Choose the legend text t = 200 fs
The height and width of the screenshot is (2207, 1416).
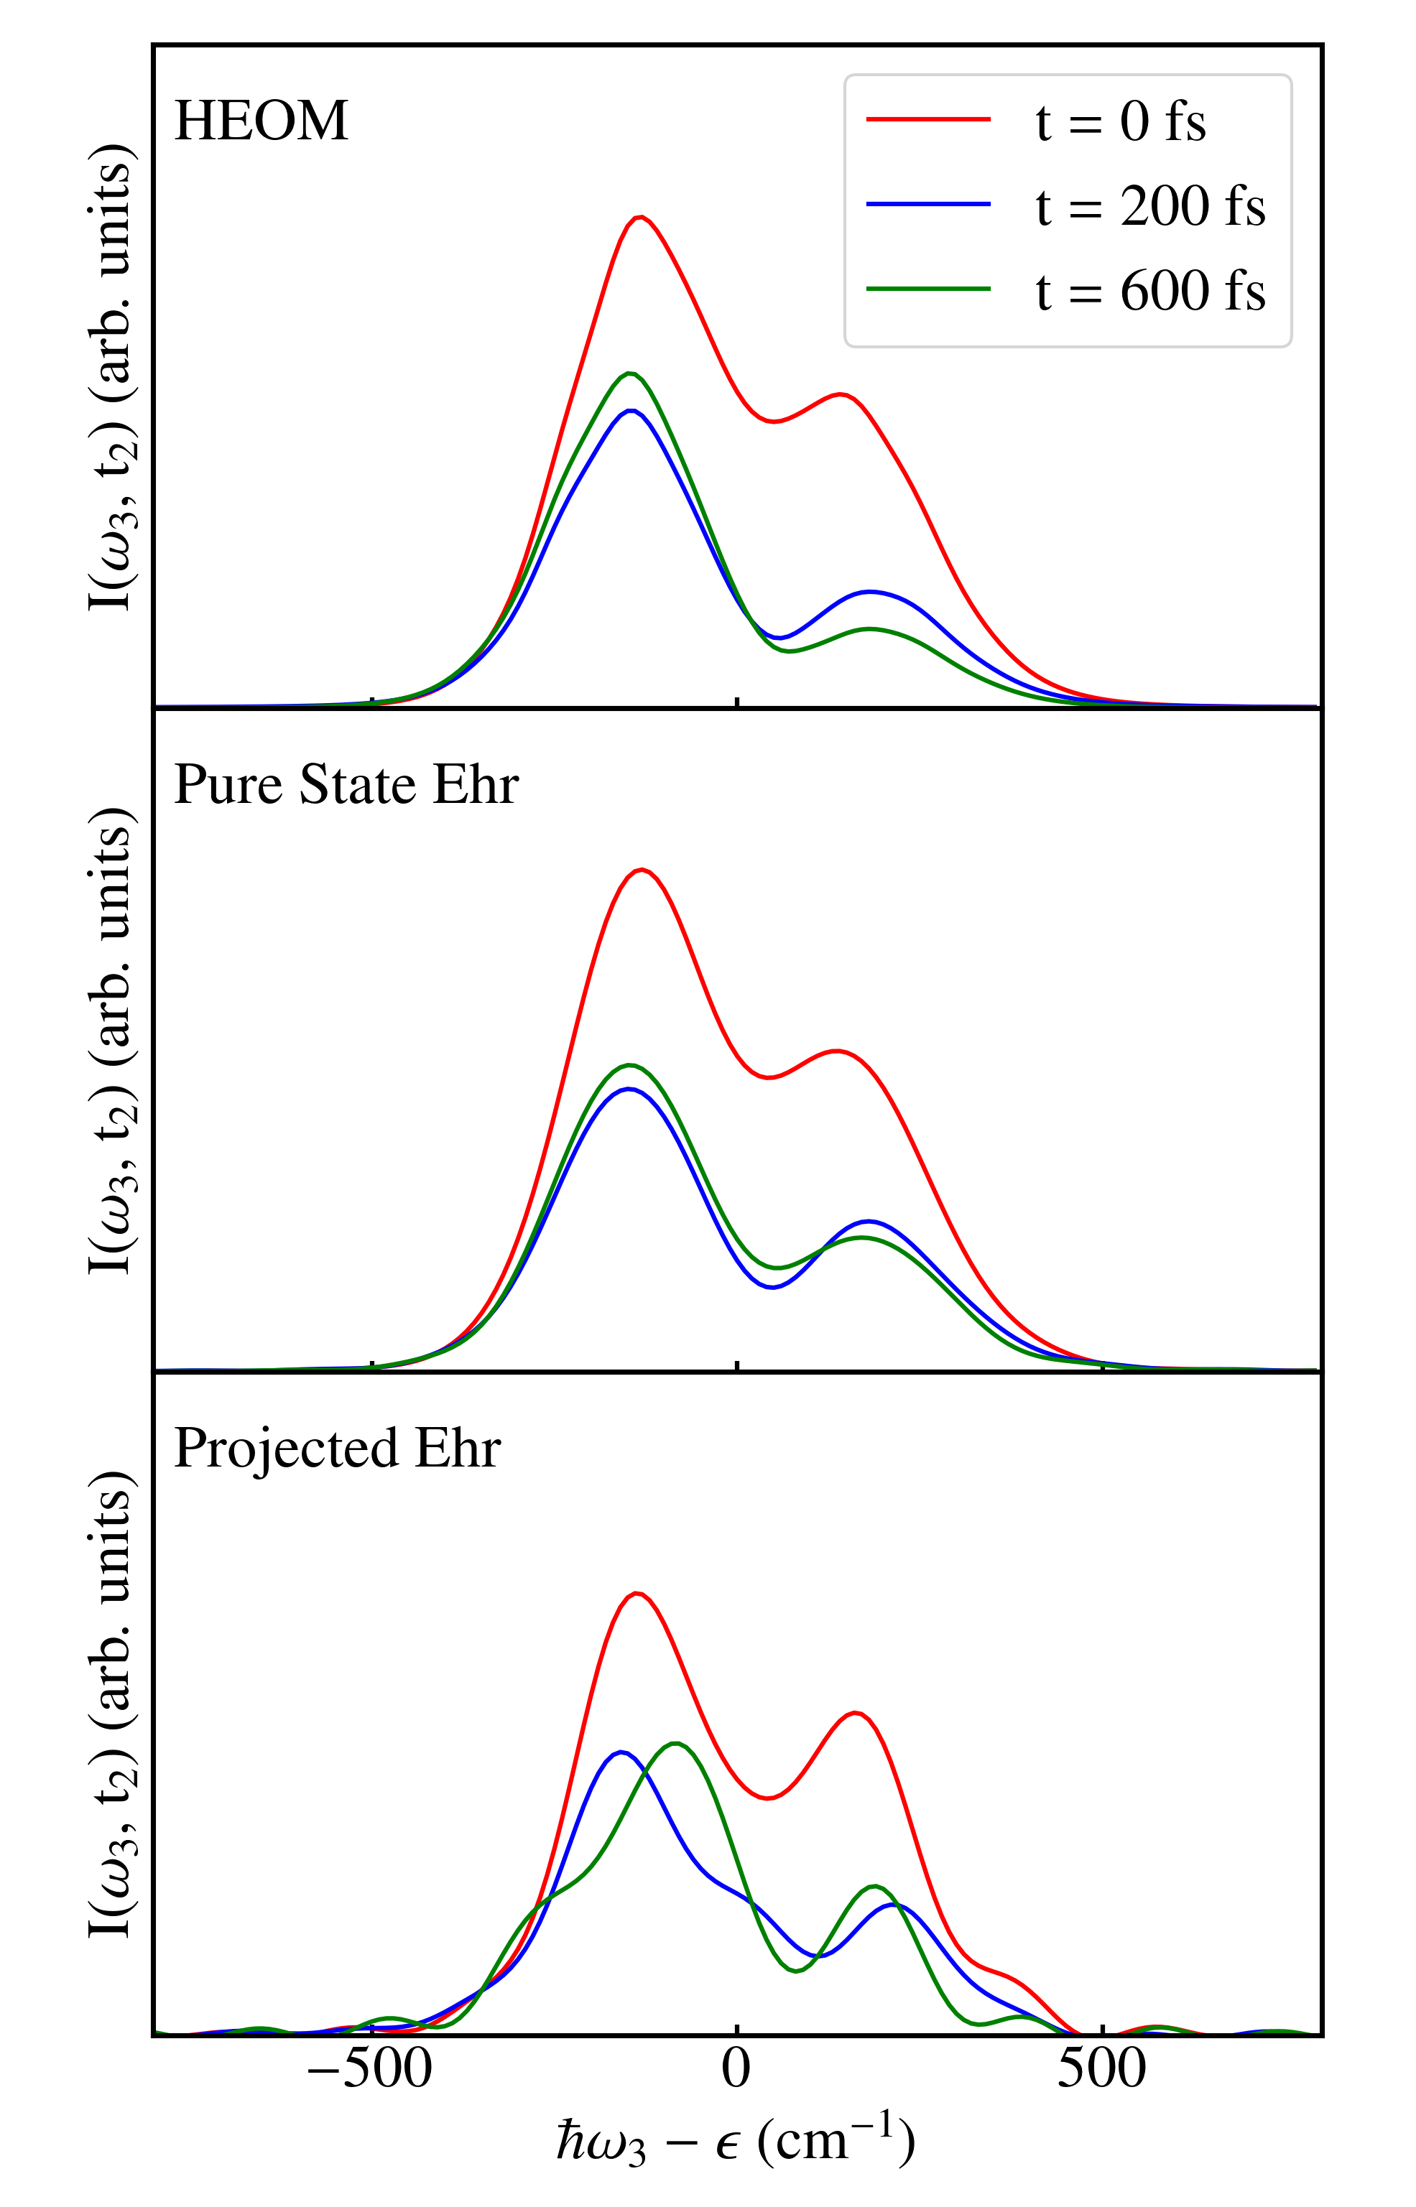tap(1150, 206)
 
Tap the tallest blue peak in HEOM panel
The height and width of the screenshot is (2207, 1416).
tap(630, 411)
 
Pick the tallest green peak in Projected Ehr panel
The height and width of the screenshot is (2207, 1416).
tap(676, 1744)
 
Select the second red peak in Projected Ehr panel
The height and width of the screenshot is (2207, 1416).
tap(855, 1712)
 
